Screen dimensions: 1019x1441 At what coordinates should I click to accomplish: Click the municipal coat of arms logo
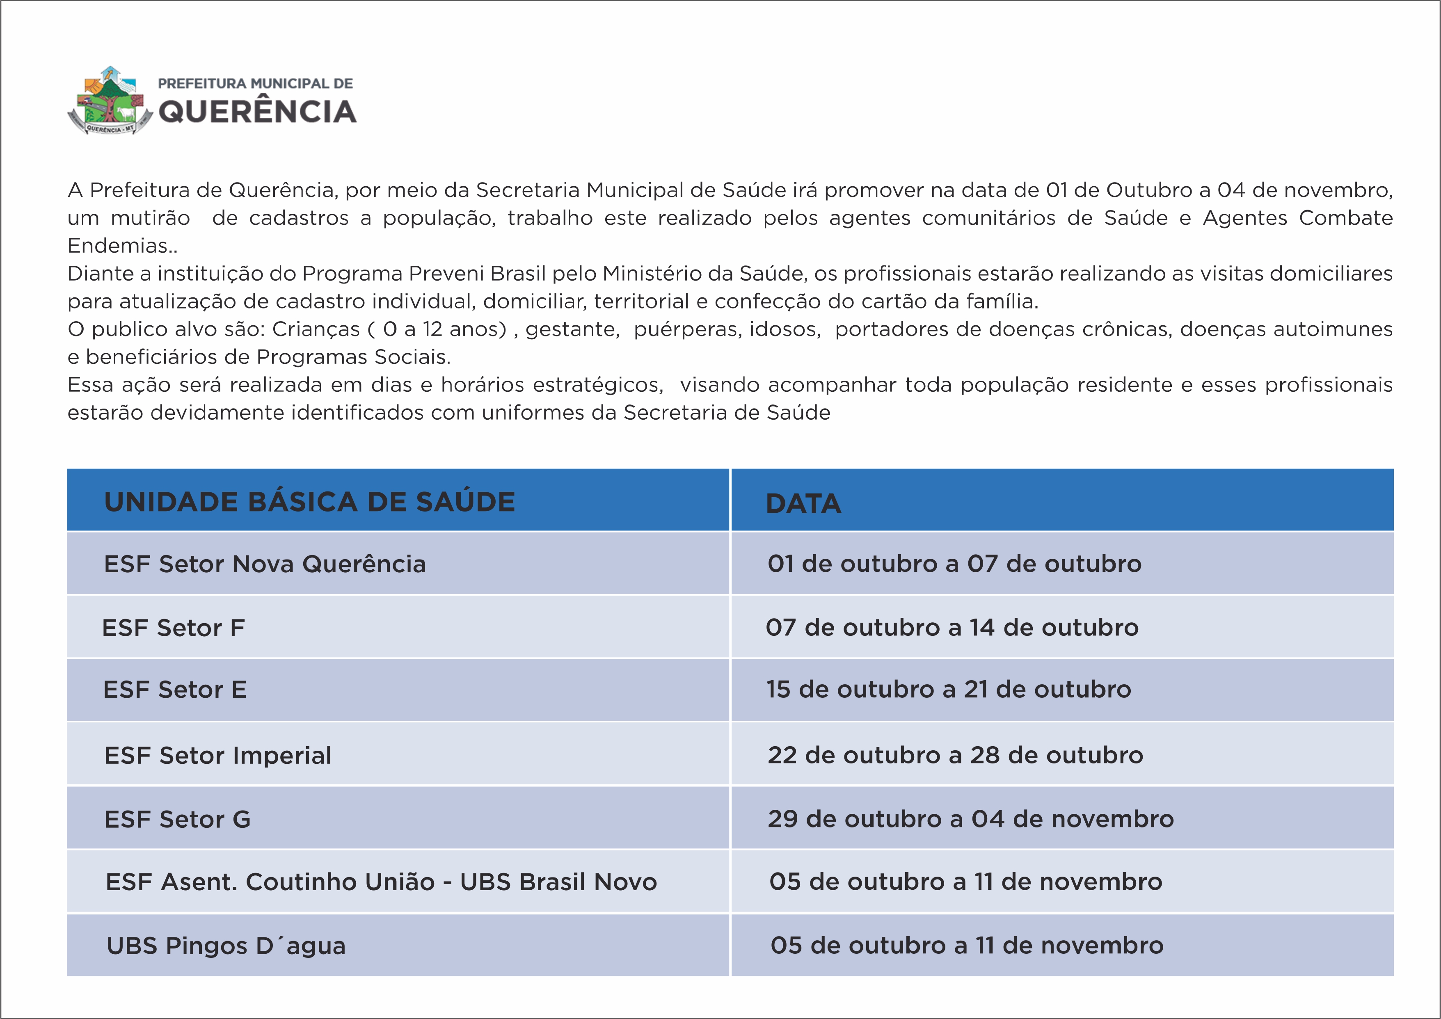[x=110, y=101]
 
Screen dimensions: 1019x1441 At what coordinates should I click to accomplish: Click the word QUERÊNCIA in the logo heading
[x=257, y=112]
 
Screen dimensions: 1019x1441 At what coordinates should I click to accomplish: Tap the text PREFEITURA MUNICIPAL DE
[x=256, y=83]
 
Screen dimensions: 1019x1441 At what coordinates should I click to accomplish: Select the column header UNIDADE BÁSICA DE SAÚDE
[x=309, y=502]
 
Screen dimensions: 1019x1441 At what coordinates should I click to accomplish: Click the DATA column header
[x=803, y=504]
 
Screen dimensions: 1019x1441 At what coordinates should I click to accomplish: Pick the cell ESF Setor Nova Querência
[x=265, y=564]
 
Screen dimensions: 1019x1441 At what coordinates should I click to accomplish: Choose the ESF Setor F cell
[x=173, y=628]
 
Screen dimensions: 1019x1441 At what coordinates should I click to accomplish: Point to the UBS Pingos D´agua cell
[x=226, y=946]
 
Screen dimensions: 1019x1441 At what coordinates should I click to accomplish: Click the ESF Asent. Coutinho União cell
[x=381, y=882]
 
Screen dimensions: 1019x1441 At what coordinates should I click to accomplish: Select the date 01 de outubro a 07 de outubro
[x=954, y=564]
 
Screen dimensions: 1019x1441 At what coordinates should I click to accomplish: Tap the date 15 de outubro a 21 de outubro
[x=948, y=689]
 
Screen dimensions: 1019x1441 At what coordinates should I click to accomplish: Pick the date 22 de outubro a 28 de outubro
[x=955, y=755]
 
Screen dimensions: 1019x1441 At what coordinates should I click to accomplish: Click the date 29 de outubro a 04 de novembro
[x=970, y=819]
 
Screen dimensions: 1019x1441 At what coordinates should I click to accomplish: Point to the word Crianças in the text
[x=316, y=329]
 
